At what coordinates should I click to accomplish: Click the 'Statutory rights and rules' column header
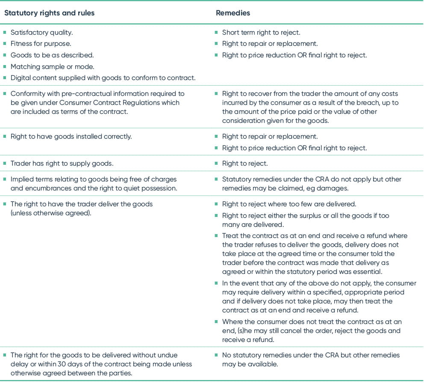(49, 13)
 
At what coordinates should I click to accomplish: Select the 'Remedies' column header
(233, 13)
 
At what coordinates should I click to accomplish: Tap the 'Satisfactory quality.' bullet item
(42, 32)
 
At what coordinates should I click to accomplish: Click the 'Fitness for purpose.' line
(41, 44)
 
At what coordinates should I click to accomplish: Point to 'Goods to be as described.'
(52, 55)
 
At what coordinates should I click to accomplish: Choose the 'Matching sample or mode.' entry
(52, 67)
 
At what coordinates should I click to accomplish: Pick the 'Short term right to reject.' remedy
(261, 32)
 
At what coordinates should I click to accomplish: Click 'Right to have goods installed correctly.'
(71, 137)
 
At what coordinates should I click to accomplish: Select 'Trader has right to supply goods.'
(62, 163)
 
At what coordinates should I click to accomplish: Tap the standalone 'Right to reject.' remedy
(244, 163)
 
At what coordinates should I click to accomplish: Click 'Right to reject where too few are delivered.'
(289, 204)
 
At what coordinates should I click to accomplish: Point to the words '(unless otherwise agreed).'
(51, 213)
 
